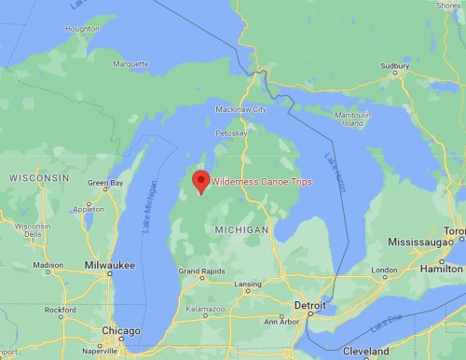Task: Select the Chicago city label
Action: [x=121, y=330]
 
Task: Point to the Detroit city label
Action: [x=310, y=305]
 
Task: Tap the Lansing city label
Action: [x=247, y=284]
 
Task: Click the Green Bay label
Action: [x=104, y=183]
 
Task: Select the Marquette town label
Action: [x=130, y=64]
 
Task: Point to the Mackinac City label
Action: [x=243, y=109]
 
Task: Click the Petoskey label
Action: [x=231, y=133]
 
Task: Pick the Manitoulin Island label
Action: [x=350, y=118]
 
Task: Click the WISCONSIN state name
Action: [x=39, y=176]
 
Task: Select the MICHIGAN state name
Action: [x=240, y=228]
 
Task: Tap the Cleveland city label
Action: [x=365, y=351]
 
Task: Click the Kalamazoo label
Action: [x=206, y=307]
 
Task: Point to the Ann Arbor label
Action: [x=281, y=321]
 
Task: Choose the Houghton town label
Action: [x=82, y=29]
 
